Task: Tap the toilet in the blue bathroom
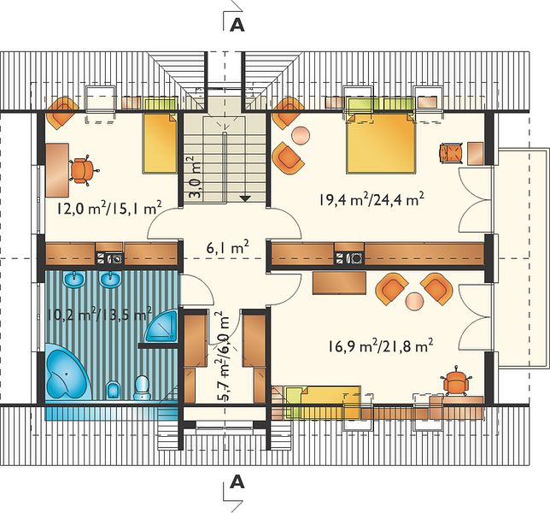[x=142, y=387]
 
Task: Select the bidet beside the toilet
[x=113, y=390]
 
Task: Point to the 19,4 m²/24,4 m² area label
[x=372, y=199]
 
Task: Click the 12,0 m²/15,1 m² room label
[x=109, y=208]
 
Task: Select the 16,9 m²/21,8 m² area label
[x=381, y=346]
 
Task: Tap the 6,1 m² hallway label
[x=228, y=248]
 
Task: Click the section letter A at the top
[x=237, y=25]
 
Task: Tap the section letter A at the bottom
[x=237, y=482]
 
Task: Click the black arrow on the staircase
[x=245, y=198]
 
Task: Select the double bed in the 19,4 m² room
[x=381, y=144]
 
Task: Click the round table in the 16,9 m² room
[x=415, y=301]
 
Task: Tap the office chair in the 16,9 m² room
[x=455, y=382]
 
